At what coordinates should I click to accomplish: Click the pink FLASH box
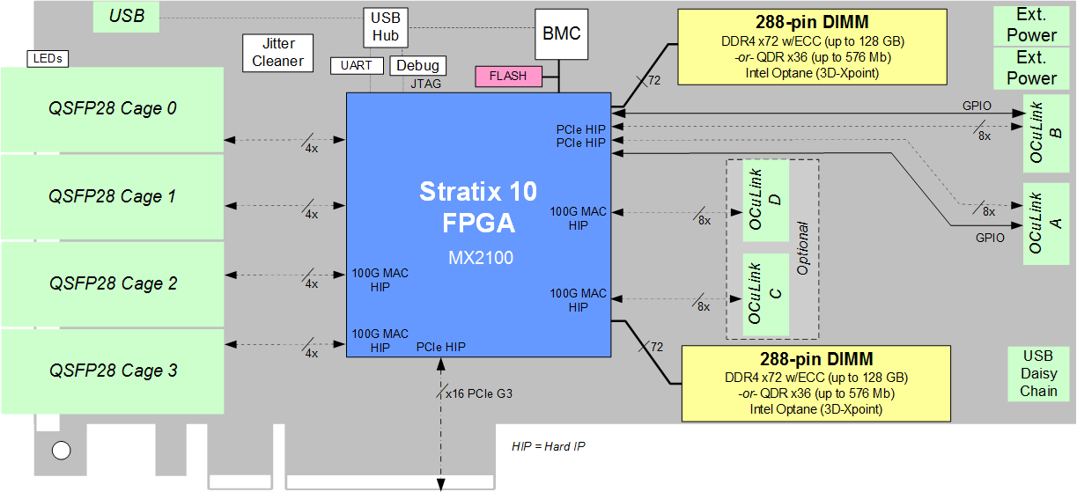pos(508,77)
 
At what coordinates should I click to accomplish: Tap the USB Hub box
pos(385,27)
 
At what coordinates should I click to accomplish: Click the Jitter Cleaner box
pos(277,53)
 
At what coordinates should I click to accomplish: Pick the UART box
pos(357,66)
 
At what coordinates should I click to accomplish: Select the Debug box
pos(417,66)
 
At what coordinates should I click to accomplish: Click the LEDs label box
pos(48,59)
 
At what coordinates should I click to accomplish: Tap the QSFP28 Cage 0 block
pos(112,109)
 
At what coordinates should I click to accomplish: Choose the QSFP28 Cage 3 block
pos(112,371)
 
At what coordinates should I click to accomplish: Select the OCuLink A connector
pos(1046,224)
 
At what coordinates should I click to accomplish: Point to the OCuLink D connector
pos(765,201)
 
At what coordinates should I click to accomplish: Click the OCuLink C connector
pos(765,294)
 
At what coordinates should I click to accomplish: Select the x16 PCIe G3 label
pos(478,393)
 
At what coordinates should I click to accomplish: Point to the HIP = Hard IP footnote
pos(548,447)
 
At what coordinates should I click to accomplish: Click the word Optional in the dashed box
pos(802,248)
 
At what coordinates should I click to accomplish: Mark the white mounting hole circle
pos(61,451)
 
